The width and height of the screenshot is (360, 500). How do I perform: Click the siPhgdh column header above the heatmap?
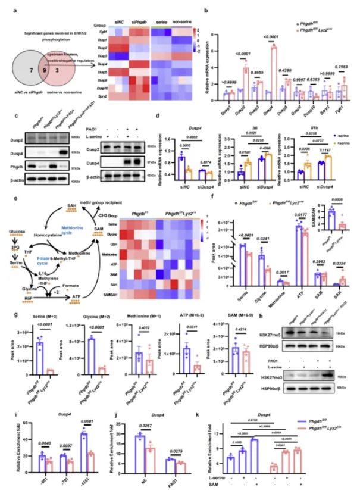139,24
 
